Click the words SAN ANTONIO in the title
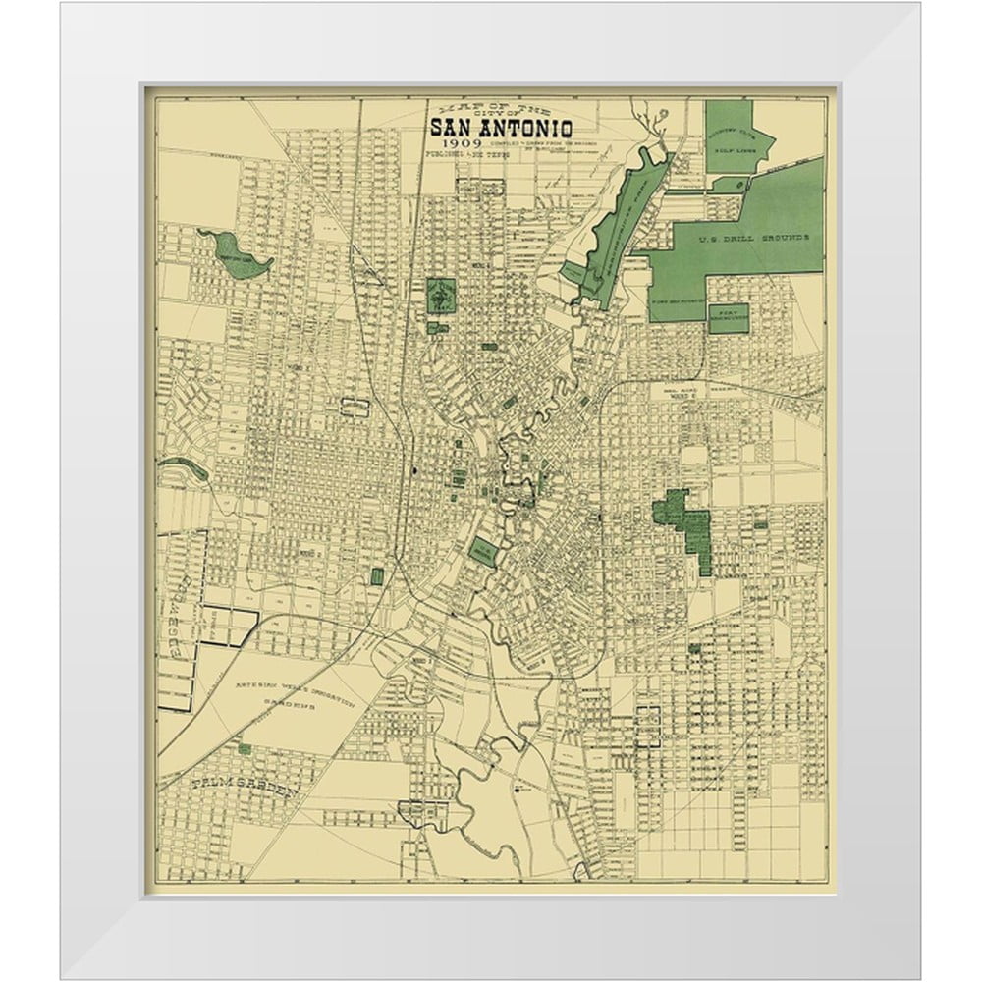[x=500, y=128]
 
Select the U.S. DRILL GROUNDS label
[x=753, y=239]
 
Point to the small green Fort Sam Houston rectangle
[x=728, y=317]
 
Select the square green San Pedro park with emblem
[x=441, y=295]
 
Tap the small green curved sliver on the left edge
[x=184, y=467]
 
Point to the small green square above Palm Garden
[x=244, y=749]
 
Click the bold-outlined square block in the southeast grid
[x=648, y=728]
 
